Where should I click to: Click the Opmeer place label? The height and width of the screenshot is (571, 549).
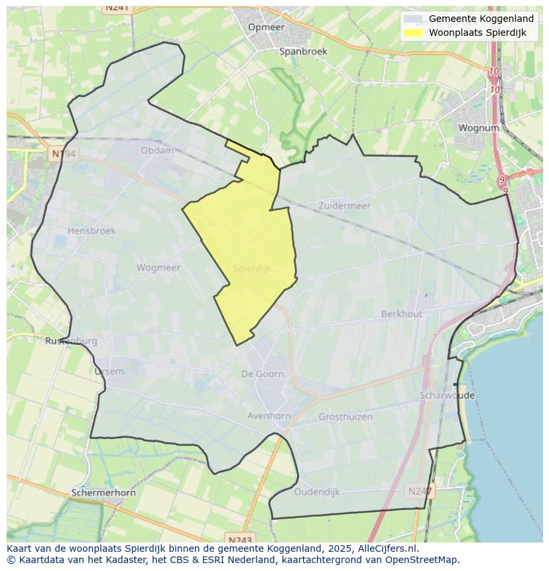click(266, 27)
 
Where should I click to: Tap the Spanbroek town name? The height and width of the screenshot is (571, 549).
click(303, 51)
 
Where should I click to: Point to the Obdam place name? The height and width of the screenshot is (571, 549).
click(157, 151)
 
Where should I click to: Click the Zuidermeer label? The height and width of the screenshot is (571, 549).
click(344, 206)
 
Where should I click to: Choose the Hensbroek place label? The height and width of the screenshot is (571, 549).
click(91, 231)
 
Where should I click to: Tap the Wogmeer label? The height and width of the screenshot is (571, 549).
click(158, 268)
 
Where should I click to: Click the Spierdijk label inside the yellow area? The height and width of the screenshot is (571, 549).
click(252, 269)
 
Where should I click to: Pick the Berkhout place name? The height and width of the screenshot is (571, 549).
click(401, 314)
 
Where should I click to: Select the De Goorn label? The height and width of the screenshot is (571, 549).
click(263, 374)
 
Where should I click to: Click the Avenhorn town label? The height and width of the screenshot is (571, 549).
click(269, 416)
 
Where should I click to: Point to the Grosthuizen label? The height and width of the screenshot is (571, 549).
click(345, 417)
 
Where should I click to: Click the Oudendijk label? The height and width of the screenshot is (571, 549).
click(316, 492)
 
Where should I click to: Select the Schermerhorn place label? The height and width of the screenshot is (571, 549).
click(103, 493)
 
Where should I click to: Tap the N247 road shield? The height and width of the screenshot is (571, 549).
click(419, 491)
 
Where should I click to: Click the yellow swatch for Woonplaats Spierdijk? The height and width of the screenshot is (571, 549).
click(412, 32)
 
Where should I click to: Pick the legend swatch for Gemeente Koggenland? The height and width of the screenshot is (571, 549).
click(412, 19)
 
